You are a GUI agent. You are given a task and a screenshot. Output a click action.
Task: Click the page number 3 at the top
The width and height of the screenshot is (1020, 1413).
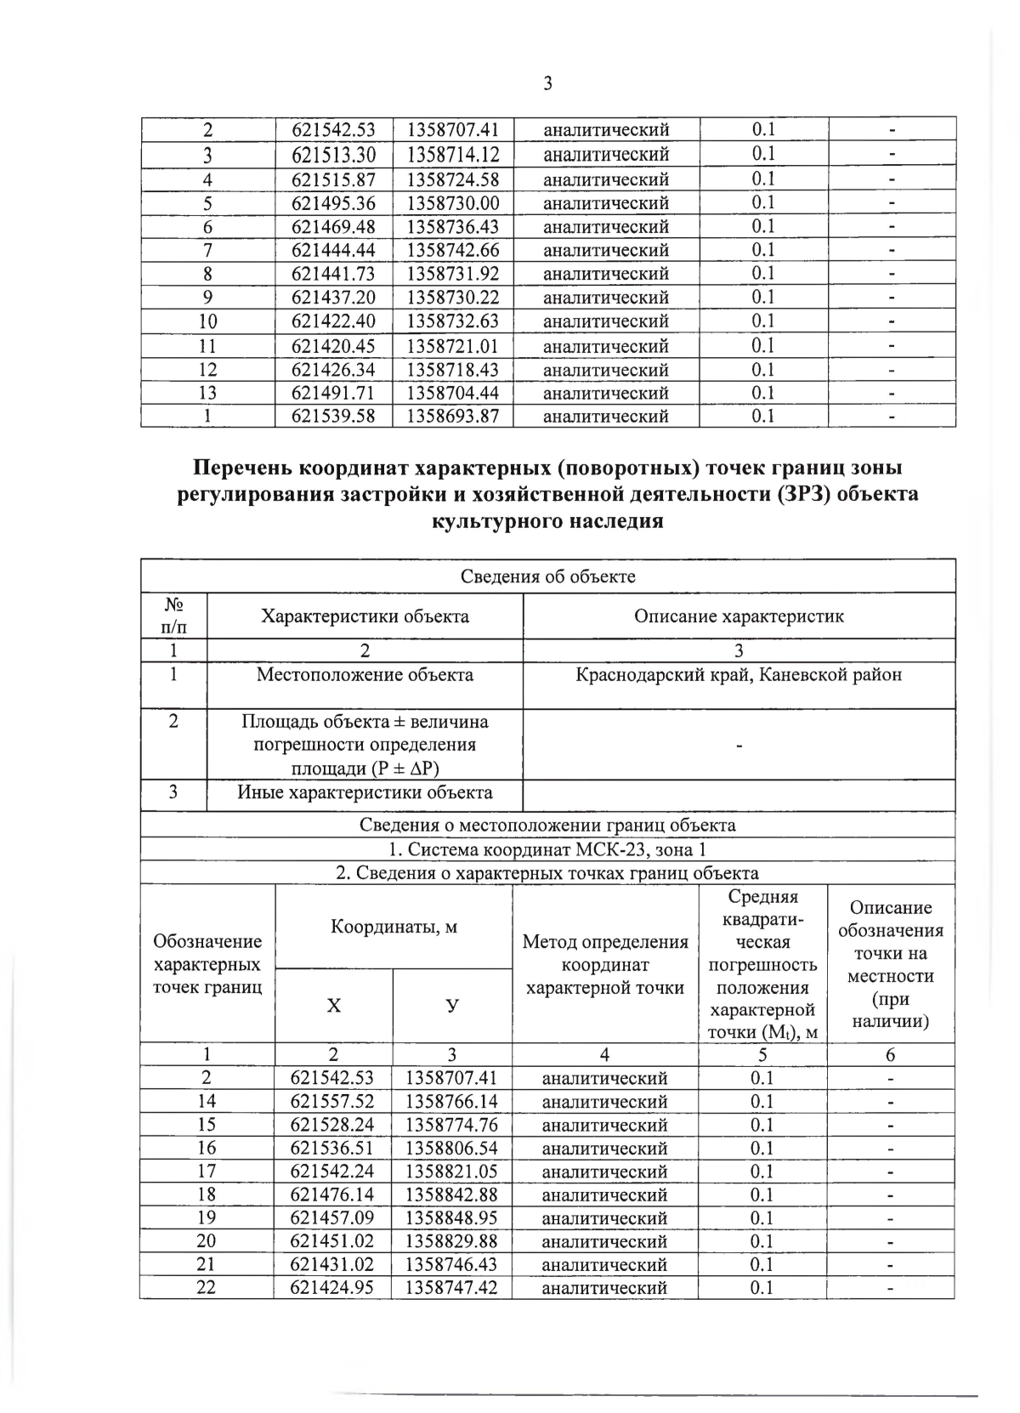[x=547, y=83]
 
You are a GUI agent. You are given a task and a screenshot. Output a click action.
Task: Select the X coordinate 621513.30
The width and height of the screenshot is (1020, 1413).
[x=333, y=155]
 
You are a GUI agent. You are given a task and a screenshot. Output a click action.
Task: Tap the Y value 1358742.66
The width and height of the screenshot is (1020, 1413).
[x=452, y=250]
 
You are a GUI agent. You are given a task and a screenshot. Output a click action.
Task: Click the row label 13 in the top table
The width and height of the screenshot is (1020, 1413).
[x=207, y=393]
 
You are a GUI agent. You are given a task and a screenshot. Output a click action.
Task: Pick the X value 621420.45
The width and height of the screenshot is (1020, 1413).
[x=333, y=346]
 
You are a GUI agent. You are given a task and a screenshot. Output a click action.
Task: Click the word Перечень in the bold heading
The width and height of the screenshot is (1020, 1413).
[x=242, y=468]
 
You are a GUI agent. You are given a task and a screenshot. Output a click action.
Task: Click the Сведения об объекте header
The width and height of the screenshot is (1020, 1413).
[x=547, y=576]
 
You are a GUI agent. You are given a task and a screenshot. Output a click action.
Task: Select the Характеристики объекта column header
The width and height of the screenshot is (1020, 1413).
[x=365, y=616]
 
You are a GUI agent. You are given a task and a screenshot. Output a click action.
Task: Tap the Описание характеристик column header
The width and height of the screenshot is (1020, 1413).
[x=738, y=616]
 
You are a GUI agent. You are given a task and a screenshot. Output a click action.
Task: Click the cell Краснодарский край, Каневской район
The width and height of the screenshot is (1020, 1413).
[x=738, y=675]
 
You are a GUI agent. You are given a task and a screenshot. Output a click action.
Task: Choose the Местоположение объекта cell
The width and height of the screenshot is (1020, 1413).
[x=365, y=675]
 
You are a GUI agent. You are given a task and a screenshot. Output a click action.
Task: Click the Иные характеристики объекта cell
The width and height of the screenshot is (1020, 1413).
[x=365, y=793]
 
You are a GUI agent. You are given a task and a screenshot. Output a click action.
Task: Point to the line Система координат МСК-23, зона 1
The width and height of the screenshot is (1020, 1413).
[x=547, y=849]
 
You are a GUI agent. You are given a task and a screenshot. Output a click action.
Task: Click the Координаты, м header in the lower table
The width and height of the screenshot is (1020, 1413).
[x=394, y=927]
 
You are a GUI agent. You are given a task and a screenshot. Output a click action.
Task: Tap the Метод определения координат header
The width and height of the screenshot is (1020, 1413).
[x=605, y=964]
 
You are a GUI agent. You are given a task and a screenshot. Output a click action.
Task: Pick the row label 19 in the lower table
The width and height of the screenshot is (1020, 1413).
[x=207, y=1218]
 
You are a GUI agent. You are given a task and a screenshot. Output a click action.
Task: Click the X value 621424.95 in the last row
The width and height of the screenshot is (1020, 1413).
[x=332, y=1288]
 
